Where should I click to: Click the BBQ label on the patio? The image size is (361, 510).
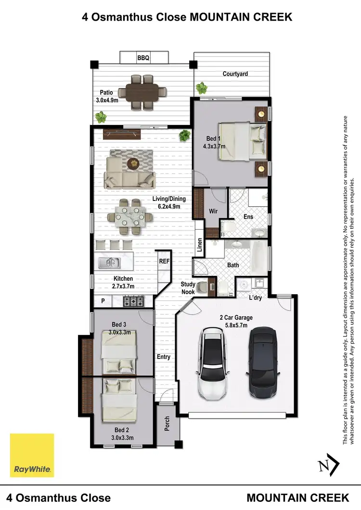(x=143, y=58)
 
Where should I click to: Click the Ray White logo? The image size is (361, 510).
(x=32, y=455)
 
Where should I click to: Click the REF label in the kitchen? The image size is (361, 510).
(x=164, y=262)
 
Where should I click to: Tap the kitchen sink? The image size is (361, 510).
(x=110, y=263)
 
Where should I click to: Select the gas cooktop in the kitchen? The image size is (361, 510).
(x=134, y=301)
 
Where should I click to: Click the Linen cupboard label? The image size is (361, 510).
(x=199, y=245)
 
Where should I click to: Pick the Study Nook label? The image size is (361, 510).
(x=188, y=288)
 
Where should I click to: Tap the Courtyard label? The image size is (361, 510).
(x=235, y=74)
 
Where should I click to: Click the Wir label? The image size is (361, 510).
(x=213, y=211)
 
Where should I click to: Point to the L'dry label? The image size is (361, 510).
(x=256, y=298)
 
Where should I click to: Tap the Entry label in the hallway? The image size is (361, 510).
(x=164, y=357)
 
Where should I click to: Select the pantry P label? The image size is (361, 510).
(x=103, y=301)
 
